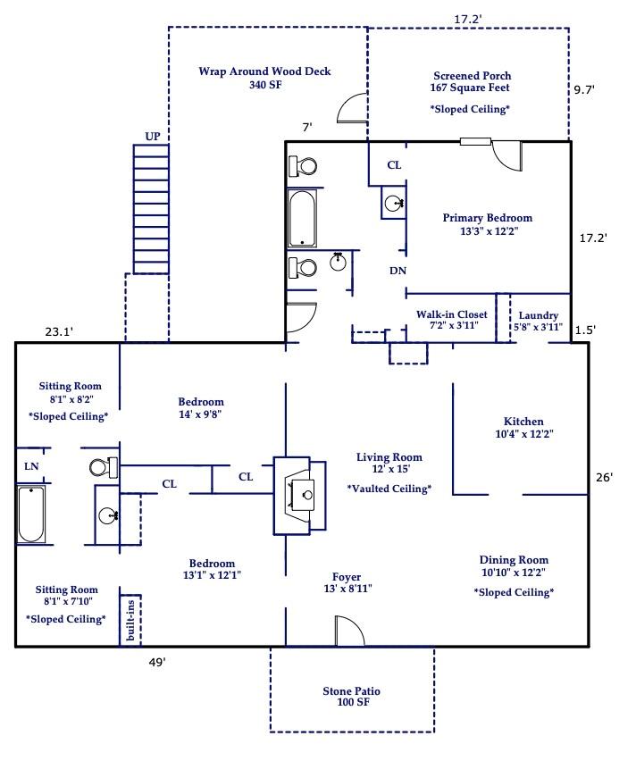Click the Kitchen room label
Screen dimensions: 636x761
point(523,422)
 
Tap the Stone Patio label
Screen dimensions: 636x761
point(352,691)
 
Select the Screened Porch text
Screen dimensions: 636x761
point(473,76)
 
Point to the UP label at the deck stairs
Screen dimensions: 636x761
point(153,137)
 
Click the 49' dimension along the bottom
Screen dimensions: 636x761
point(157,663)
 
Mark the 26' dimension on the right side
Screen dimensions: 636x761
point(605,478)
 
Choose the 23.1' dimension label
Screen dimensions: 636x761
point(59,332)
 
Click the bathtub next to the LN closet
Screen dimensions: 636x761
point(31,514)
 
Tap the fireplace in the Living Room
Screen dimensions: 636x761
point(299,496)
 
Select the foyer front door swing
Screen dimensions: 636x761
point(349,631)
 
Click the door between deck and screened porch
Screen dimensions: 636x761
point(352,108)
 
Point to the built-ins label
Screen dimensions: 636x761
point(130,620)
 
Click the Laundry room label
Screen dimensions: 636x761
point(539,315)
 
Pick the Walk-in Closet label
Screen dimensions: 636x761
point(452,314)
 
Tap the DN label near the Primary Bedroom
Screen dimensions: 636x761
point(397,271)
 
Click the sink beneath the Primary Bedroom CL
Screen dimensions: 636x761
point(393,203)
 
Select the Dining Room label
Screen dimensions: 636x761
point(514,560)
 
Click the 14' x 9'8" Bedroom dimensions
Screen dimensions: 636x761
point(200,414)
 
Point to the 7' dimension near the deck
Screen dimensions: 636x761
point(306,127)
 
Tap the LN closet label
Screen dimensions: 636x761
point(31,466)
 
